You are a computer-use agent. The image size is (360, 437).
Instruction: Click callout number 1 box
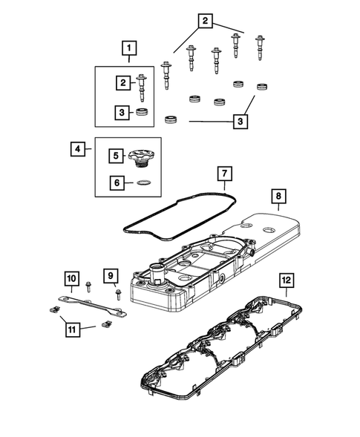pyautogui.click(x=130, y=50)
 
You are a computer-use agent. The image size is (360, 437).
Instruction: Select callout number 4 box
pyautogui.click(x=79, y=149)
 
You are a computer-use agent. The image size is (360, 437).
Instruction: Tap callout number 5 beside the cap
pyautogui.click(x=115, y=156)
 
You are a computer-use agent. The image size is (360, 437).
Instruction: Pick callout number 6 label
pyautogui.click(x=115, y=182)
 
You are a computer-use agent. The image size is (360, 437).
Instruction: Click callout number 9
pyautogui.click(x=110, y=277)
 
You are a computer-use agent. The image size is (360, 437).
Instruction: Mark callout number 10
pyautogui.click(x=71, y=277)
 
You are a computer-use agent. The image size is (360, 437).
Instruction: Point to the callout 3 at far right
pyautogui.click(x=239, y=119)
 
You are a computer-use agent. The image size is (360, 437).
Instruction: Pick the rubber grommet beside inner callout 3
pyautogui.click(x=141, y=113)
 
